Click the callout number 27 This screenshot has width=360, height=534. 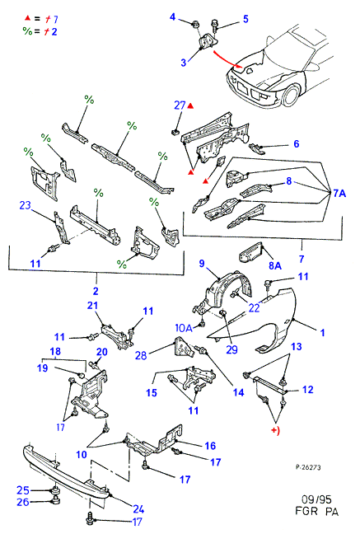[x=180, y=105]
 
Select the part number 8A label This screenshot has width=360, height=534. [x=275, y=265]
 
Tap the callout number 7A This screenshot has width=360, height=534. [x=339, y=194]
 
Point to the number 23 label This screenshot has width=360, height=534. [x=25, y=205]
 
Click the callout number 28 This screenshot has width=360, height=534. [x=141, y=355]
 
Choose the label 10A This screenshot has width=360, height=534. [x=184, y=328]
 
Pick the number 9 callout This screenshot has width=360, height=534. [x=202, y=263]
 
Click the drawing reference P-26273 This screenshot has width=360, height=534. [x=308, y=467]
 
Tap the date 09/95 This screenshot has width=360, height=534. [x=316, y=499]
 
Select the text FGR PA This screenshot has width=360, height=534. [x=316, y=511]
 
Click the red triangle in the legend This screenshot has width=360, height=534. [x=27, y=17]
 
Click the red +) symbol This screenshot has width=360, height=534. [x=275, y=430]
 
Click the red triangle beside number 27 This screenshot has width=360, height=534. [x=190, y=106]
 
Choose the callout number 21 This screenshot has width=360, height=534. [x=92, y=306]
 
